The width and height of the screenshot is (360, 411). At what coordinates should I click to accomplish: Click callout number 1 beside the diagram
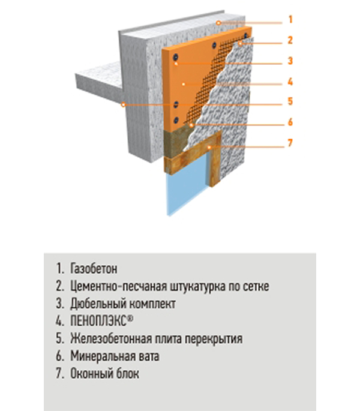290,20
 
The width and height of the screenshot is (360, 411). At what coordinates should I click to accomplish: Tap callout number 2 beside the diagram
290,40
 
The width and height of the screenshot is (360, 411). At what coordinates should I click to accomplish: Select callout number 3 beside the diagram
290,61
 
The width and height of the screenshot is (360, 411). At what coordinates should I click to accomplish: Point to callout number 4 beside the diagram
290,82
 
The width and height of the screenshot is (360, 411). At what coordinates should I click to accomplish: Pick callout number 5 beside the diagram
290,101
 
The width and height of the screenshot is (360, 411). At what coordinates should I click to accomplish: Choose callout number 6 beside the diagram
290,122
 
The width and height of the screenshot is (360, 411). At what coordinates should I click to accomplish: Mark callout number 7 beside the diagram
290,143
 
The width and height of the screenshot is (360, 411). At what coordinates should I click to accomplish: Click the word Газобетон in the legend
94,269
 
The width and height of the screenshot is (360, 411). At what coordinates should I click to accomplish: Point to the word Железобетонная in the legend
111,338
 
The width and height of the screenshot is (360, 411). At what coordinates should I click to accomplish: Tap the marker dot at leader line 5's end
123,105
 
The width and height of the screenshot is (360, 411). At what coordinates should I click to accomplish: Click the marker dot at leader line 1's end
218,23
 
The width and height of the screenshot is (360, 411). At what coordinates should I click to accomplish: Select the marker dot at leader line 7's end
209,148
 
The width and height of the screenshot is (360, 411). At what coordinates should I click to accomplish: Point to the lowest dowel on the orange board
176,121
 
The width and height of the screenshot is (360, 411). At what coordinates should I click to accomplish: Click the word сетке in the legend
256,286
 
